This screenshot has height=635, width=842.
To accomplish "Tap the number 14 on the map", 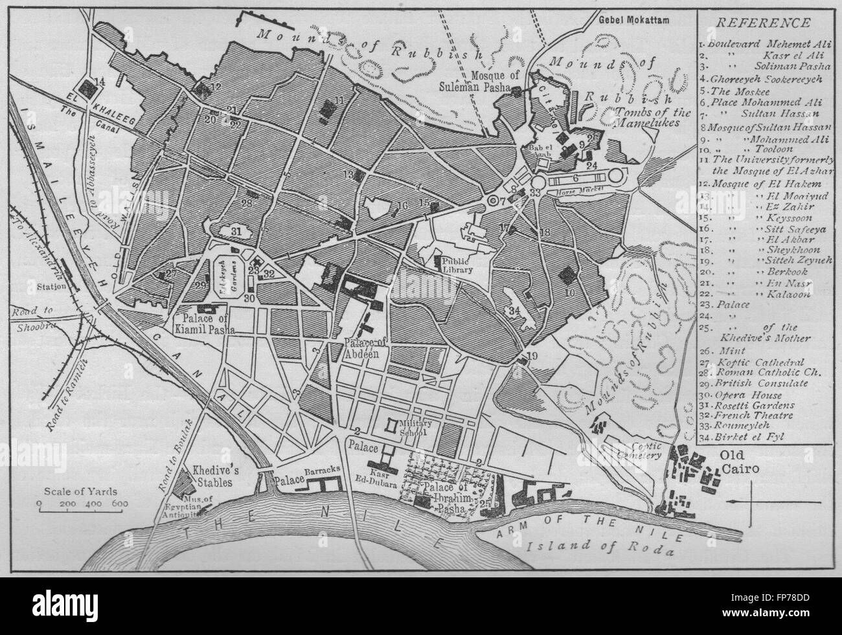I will click(x=99, y=81).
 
